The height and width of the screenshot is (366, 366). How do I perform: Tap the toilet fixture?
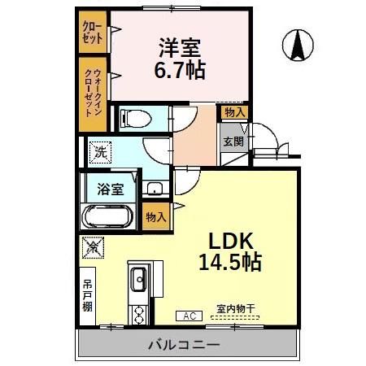click(135, 120)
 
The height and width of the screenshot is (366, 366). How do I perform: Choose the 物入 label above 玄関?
click(234, 112)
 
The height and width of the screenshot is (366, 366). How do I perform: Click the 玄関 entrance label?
click(233, 141)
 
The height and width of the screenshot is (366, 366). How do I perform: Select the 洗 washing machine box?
click(99, 150)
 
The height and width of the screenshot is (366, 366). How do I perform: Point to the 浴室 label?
click(111, 189)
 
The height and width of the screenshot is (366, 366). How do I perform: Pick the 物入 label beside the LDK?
click(156, 217)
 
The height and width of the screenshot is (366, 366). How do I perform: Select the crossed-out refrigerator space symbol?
click(92, 246)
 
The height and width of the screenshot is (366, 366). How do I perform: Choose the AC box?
click(189, 316)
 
